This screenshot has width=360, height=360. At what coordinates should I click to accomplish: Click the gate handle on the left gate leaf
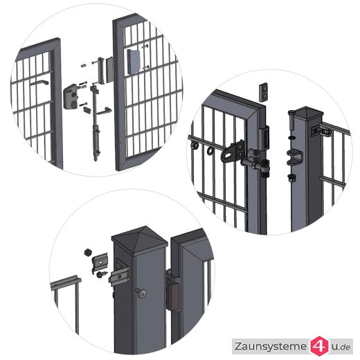[x=38, y=84]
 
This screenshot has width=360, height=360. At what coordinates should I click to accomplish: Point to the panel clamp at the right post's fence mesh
[x=323, y=129]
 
